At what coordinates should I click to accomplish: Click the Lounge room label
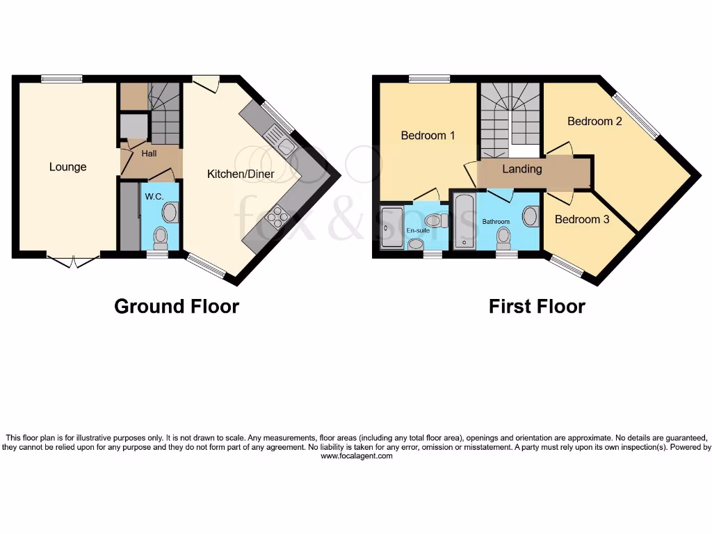tap(68, 167)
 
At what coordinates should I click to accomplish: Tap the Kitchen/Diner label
tap(241, 174)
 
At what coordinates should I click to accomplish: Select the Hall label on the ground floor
tap(149, 153)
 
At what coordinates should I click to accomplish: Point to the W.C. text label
tap(154, 197)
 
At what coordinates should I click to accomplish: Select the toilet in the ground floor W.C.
tap(161, 237)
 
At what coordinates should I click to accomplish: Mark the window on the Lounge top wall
tap(61, 79)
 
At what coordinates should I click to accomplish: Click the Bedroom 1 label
tap(428, 136)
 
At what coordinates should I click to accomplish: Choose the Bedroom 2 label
tap(594, 121)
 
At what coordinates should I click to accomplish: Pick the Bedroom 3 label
tap(582, 220)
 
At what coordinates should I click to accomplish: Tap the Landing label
tap(522, 169)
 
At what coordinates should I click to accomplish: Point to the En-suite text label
tap(417, 230)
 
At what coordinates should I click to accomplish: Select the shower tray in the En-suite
tap(391, 227)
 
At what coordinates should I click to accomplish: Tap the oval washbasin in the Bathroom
tap(531, 216)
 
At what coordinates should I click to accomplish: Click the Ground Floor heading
tap(177, 306)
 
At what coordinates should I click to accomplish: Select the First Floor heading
tap(537, 306)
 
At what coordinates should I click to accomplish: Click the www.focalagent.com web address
tap(357, 457)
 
